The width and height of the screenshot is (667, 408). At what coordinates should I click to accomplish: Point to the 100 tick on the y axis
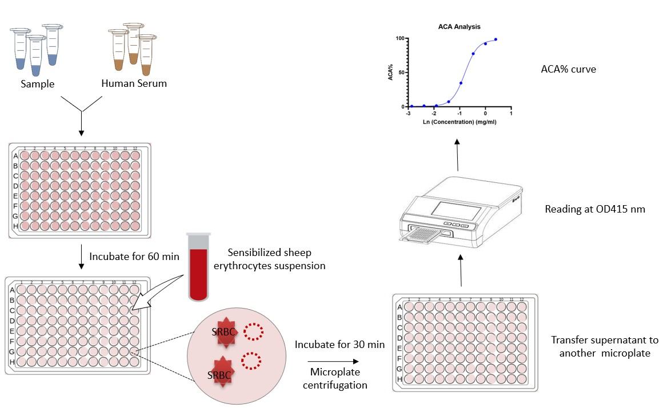(400, 38)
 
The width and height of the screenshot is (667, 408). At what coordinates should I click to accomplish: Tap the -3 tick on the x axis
(409, 114)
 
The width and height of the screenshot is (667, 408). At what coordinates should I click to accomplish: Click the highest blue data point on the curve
(496, 39)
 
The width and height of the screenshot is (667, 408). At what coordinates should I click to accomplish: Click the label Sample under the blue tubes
(38, 84)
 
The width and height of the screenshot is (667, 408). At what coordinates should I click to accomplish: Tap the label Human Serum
(134, 83)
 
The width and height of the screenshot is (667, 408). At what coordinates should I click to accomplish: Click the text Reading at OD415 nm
(595, 209)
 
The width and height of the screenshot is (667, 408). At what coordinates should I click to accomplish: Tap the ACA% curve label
(568, 70)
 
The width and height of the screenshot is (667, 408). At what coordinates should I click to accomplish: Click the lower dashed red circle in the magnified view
(251, 361)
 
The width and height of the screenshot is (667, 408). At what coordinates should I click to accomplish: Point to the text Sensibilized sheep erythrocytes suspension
(277, 259)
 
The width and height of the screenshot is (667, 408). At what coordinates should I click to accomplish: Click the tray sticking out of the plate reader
(420, 236)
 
